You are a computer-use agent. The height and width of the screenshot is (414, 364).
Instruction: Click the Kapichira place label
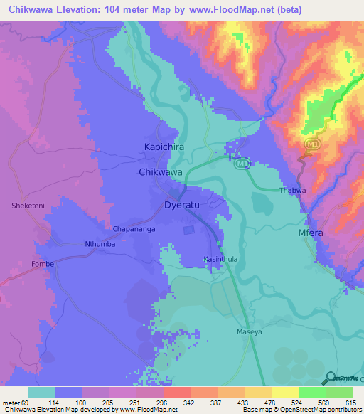(x=160, y=148)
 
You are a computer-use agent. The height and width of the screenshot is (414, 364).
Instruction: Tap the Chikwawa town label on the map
(x=161, y=173)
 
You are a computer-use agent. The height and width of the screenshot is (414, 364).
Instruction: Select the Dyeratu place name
(x=178, y=206)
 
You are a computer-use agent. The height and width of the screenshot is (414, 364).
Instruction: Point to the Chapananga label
(x=134, y=229)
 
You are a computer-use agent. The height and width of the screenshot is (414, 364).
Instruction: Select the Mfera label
(x=311, y=233)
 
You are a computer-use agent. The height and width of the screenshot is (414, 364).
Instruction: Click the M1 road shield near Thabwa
(x=242, y=164)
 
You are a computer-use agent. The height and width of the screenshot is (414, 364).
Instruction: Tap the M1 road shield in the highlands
(x=310, y=144)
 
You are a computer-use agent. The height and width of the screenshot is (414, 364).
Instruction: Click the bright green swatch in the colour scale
(x=312, y=392)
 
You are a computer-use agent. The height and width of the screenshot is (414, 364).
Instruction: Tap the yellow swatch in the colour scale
(x=285, y=392)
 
